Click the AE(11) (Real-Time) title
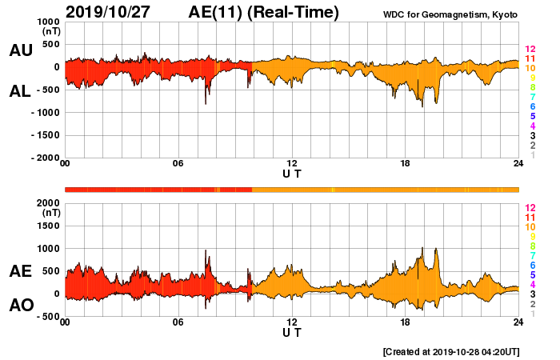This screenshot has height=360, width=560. pyautogui.click(x=263, y=12)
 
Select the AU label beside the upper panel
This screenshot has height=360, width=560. pyautogui.click(x=20, y=50)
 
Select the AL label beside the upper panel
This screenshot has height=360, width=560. pyautogui.click(x=20, y=91)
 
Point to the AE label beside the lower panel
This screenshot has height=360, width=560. pyautogui.click(x=20, y=271)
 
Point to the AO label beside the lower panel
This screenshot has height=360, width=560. pyautogui.click(x=20, y=305)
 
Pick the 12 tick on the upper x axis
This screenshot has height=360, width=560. pyautogui.click(x=292, y=164)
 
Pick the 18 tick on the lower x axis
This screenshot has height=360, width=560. pyautogui.click(x=406, y=322)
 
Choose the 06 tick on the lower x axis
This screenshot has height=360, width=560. pyautogui.click(x=178, y=322)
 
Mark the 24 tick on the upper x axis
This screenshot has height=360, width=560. pyautogui.click(x=518, y=164)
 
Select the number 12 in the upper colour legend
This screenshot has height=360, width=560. pyautogui.click(x=530, y=50)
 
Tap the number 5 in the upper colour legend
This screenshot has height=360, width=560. pyautogui.click(x=532, y=116)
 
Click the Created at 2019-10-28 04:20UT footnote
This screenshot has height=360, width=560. pyautogui.click(x=450, y=351)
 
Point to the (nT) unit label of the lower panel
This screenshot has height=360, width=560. pyautogui.click(x=50, y=214)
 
